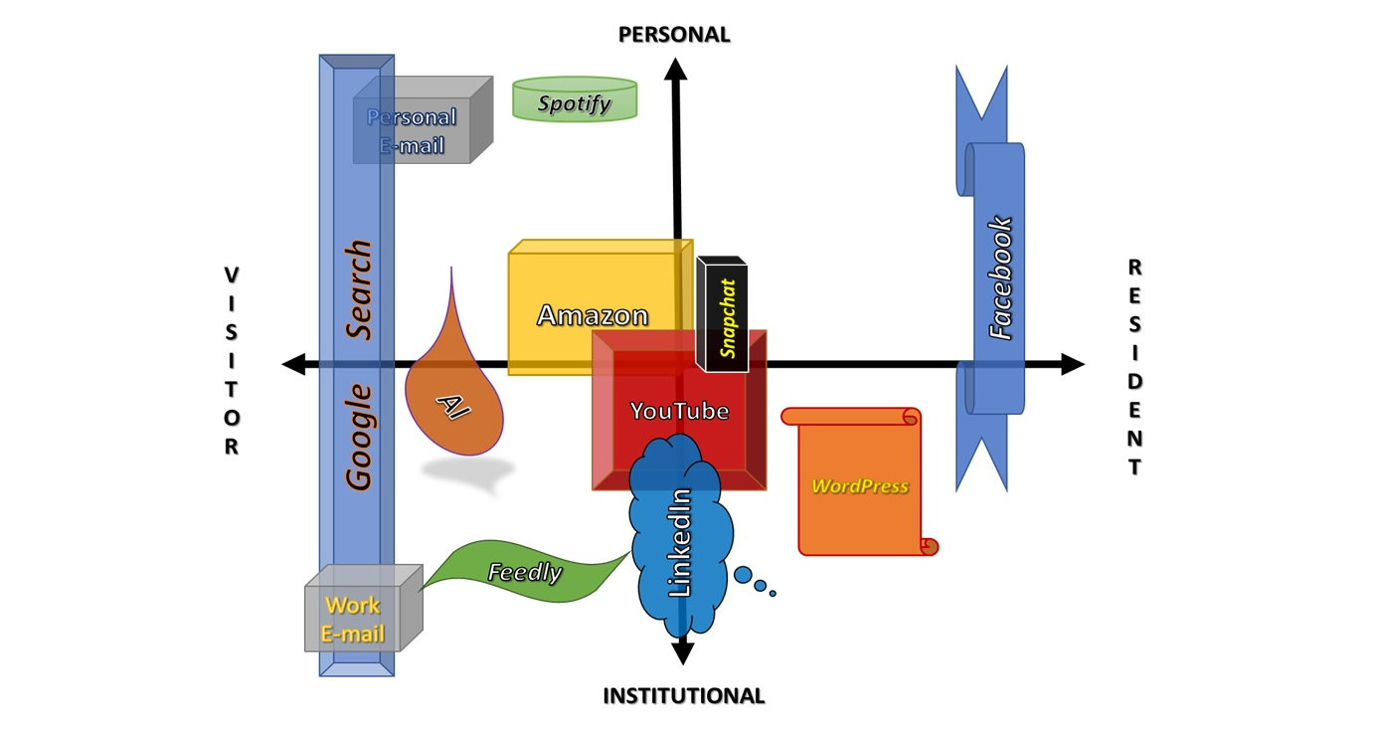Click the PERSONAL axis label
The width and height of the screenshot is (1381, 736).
click(x=674, y=35)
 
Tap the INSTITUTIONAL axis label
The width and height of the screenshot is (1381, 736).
click(x=684, y=696)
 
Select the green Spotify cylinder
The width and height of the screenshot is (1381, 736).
click(x=575, y=100)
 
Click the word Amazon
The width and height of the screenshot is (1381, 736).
click(x=593, y=316)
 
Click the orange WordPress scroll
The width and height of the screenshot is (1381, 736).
click(x=859, y=486)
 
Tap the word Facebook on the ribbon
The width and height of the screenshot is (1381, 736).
click(x=999, y=278)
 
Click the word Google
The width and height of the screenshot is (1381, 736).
click(x=359, y=438)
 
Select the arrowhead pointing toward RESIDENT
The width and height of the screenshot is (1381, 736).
click(x=1072, y=364)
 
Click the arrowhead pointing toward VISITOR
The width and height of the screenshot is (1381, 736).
click(x=294, y=364)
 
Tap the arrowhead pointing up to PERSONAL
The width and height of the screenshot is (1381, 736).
click(x=676, y=70)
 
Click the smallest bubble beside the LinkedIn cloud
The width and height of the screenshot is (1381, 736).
click(x=773, y=594)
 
